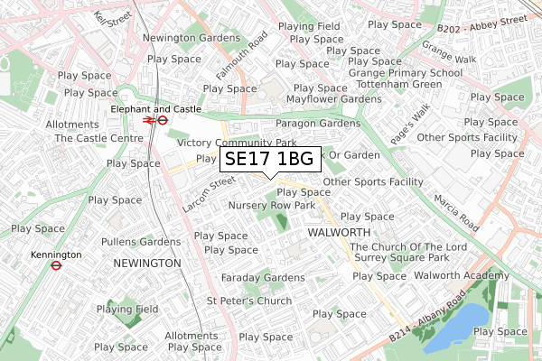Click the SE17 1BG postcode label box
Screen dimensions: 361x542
(x=268, y=160)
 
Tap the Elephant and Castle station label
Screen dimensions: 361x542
(x=155, y=108)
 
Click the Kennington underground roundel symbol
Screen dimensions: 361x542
(x=56, y=265)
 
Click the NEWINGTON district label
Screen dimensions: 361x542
(x=147, y=263)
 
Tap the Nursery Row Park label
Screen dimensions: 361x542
(x=272, y=206)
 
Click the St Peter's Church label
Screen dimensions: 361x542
(x=248, y=301)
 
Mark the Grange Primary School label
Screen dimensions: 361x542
(x=406, y=73)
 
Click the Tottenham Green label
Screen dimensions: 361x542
(x=403, y=86)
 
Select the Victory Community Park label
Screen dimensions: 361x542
(x=237, y=143)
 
